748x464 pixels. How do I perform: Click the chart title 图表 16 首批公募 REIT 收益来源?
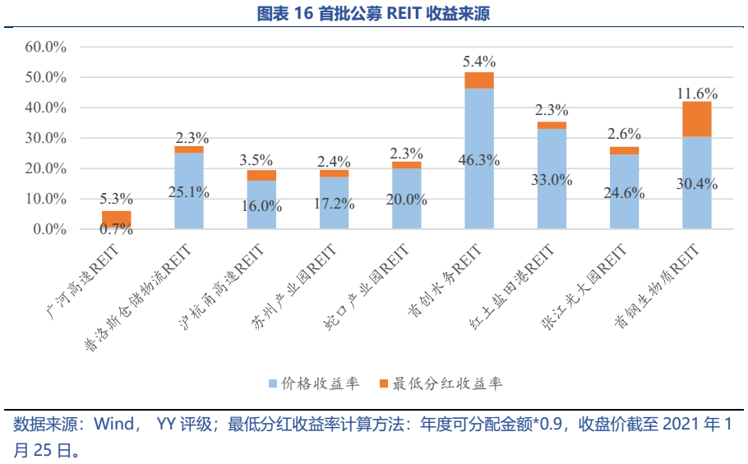click(x=373, y=13)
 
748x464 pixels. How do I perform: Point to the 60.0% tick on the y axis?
click(x=46, y=47)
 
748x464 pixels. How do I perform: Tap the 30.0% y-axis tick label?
click(x=46, y=138)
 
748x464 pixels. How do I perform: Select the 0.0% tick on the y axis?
click(x=49, y=229)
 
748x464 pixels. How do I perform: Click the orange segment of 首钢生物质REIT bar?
click(x=696, y=119)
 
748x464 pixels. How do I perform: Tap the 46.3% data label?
click(x=479, y=160)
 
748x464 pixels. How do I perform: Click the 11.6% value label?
click(x=696, y=94)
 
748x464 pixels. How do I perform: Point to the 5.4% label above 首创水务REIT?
click(x=479, y=61)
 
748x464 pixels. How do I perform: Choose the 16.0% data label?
click(x=262, y=206)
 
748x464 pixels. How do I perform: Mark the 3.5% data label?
click(x=262, y=160)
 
